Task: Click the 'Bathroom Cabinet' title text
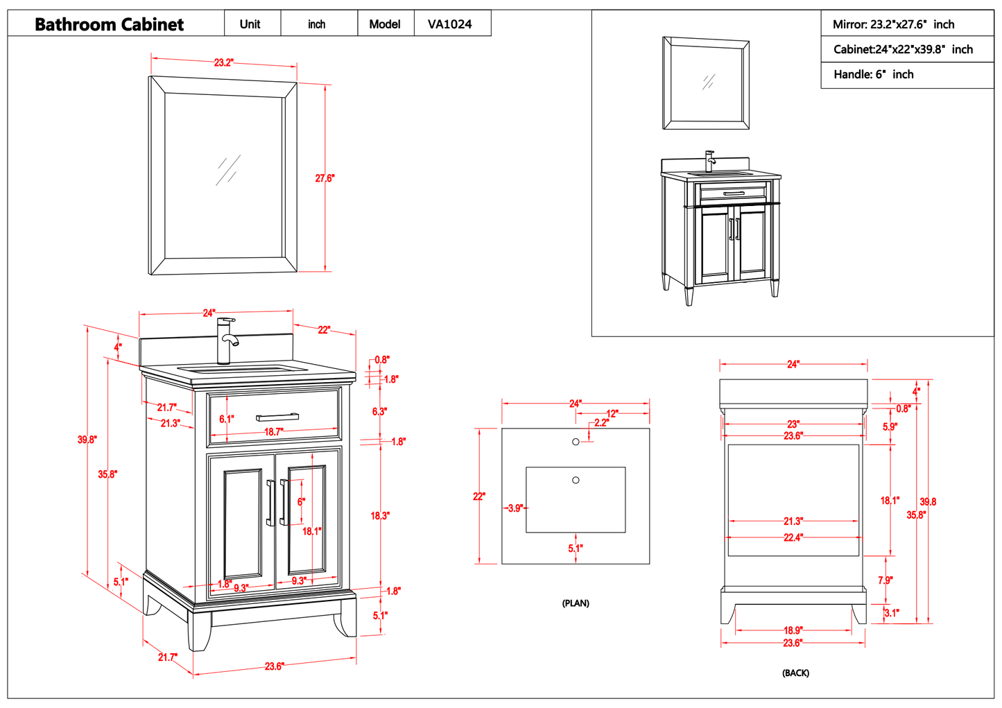pos(109,24)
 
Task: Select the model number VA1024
pos(449,24)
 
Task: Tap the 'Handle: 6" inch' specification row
pos(873,74)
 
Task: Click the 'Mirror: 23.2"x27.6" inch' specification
pos(893,24)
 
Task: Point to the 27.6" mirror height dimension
pos(325,178)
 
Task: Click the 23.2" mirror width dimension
pos(223,62)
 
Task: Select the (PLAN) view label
pos(575,603)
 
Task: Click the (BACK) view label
pos(795,673)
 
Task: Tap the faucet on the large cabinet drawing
pos(225,340)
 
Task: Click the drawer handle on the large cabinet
pos(277,417)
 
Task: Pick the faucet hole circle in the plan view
pos(576,442)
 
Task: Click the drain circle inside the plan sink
pos(576,480)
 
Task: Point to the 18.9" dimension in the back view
pos(793,630)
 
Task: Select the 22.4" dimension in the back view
pos(793,537)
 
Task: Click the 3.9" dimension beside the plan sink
pos(515,508)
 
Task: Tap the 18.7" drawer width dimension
pos(273,432)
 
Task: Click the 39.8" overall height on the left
pos(87,440)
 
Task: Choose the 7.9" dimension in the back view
pos(885,580)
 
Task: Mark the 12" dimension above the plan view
pos(612,414)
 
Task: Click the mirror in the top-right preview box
pos(706,83)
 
